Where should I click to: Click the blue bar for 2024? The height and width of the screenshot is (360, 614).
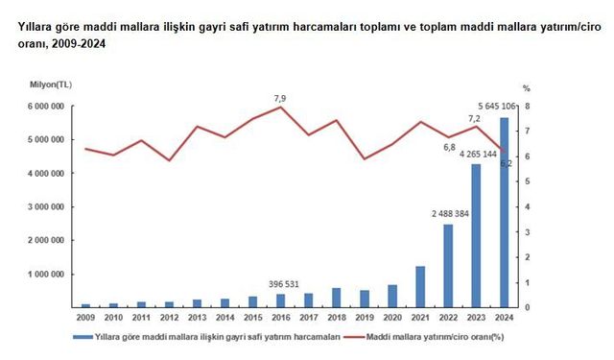pyautogui.click(x=503, y=212)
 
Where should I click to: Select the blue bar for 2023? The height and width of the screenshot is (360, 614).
pyautogui.click(x=475, y=235)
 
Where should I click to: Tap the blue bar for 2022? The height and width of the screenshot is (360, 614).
pyautogui.click(x=447, y=266)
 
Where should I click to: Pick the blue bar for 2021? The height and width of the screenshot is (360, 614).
pyautogui.click(x=419, y=287)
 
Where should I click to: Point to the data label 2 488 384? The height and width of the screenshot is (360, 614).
pyautogui.click(x=446, y=214)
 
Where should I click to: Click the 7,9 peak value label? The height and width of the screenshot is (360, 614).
pyautogui.click(x=280, y=98)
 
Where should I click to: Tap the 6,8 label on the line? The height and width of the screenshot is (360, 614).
pyautogui.click(x=449, y=147)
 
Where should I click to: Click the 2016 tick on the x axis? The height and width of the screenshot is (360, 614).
pyautogui.click(x=280, y=316)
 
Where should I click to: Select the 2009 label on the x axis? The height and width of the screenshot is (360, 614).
pyautogui.click(x=85, y=316)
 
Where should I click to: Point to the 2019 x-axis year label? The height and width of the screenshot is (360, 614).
pyautogui.click(x=364, y=316)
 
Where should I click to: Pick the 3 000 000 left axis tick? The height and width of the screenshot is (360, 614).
pyautogui.click(x=44, y=207)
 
